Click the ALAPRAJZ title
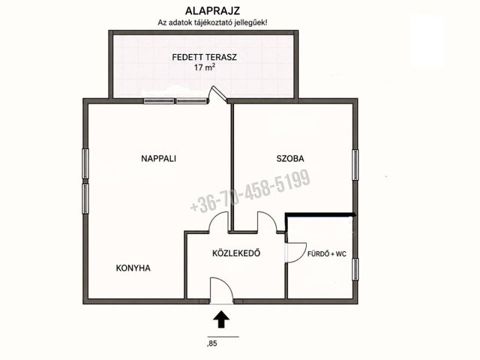point(212,10)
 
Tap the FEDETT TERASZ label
point(204,57)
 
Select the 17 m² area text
point(204,67)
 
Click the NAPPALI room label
point(158,158)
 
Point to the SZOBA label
point(290,158)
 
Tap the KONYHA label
point(133,268)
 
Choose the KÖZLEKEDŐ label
point(236,253)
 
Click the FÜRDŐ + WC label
point(327,254)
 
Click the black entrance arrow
point(221,319)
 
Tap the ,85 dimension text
point(212,343)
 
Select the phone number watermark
point(250,191)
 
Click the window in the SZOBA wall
point(355,165)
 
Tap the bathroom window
point(355,269)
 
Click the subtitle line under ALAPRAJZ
point(212,22)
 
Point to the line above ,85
point(223,337)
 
